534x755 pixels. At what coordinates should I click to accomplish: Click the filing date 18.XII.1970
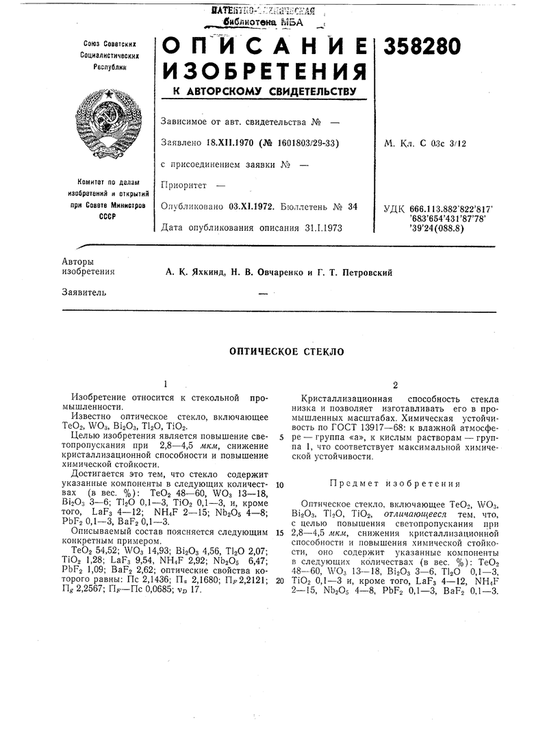pos(233,143)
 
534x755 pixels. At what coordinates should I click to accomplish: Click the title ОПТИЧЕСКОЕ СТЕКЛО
pos(285,352)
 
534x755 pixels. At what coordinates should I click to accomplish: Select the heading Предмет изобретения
pos(396,483)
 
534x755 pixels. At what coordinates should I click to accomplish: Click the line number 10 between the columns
pos(280,484)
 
